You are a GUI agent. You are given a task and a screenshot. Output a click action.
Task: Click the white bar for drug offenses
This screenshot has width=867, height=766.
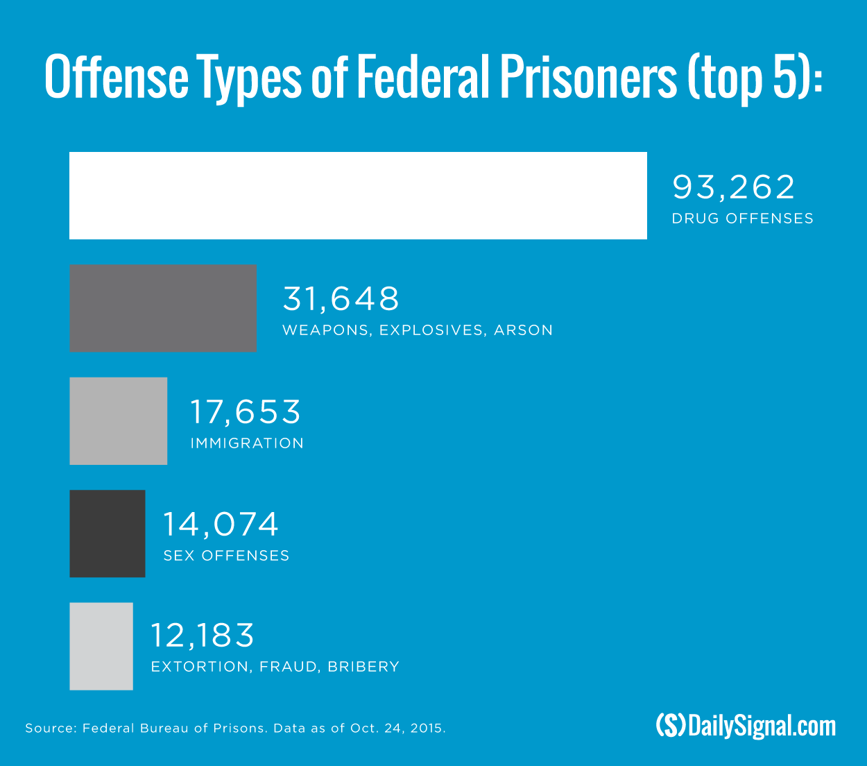point(358,196)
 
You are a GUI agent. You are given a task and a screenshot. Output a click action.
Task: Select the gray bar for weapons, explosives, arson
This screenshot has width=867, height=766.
point(163,308)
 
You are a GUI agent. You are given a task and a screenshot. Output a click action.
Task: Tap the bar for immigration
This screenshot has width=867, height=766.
point(119,421)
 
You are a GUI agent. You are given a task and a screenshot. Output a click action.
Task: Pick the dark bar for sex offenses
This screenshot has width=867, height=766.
point(108,534)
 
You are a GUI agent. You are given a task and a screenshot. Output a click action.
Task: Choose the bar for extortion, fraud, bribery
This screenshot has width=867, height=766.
point(101,646)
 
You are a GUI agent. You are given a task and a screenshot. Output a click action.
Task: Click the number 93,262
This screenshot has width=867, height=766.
point(734,187)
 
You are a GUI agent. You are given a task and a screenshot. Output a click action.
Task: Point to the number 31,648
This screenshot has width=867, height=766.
point(341,299)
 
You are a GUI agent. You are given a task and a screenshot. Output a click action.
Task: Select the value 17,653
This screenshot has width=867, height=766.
point(246,412)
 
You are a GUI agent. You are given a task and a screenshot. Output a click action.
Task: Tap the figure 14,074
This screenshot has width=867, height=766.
point(221,525)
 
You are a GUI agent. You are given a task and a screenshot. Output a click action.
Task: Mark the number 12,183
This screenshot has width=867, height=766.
point(203,636)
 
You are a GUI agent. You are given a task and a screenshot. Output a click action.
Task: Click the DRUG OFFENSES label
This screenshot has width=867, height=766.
point(742,219)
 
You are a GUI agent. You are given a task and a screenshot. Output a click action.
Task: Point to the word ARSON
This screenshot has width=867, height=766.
point(524,330)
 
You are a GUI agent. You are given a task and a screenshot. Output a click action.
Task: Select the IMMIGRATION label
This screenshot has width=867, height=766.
point(247,443)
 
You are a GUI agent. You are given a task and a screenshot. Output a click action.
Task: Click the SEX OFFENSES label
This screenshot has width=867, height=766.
point(226,556)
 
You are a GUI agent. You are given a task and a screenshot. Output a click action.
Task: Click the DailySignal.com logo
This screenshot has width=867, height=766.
point(746,726)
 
